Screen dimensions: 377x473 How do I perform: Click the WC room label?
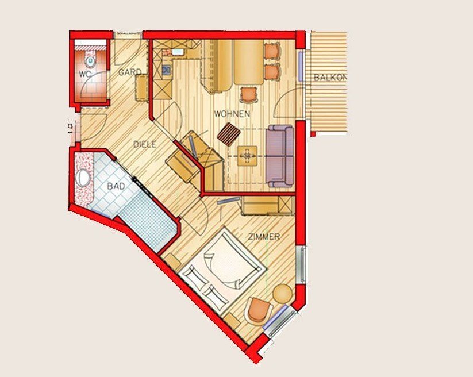(x=85, y=74)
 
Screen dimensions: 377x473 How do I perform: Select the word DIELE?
(x=144, y=145)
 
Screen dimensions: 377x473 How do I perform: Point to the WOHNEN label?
(x=232, y=114)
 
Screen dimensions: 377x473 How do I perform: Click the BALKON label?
(x=330, y=78)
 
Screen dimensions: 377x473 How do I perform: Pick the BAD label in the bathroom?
(x=117, y=186)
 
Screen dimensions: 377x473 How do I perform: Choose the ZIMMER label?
(x=264, y=237)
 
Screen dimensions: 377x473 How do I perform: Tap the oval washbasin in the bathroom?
(x=84, y=178)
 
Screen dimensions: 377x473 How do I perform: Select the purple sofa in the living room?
(x=280, y=156)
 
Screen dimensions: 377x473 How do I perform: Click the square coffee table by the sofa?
(x=247, y=155)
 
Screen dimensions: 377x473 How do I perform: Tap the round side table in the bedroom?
(x=282, y=294)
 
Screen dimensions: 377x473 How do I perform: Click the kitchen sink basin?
(x=176, y=52)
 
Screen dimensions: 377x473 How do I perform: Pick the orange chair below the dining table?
(x=249, y=94)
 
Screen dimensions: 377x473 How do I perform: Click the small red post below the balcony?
(x=313, y=133)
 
